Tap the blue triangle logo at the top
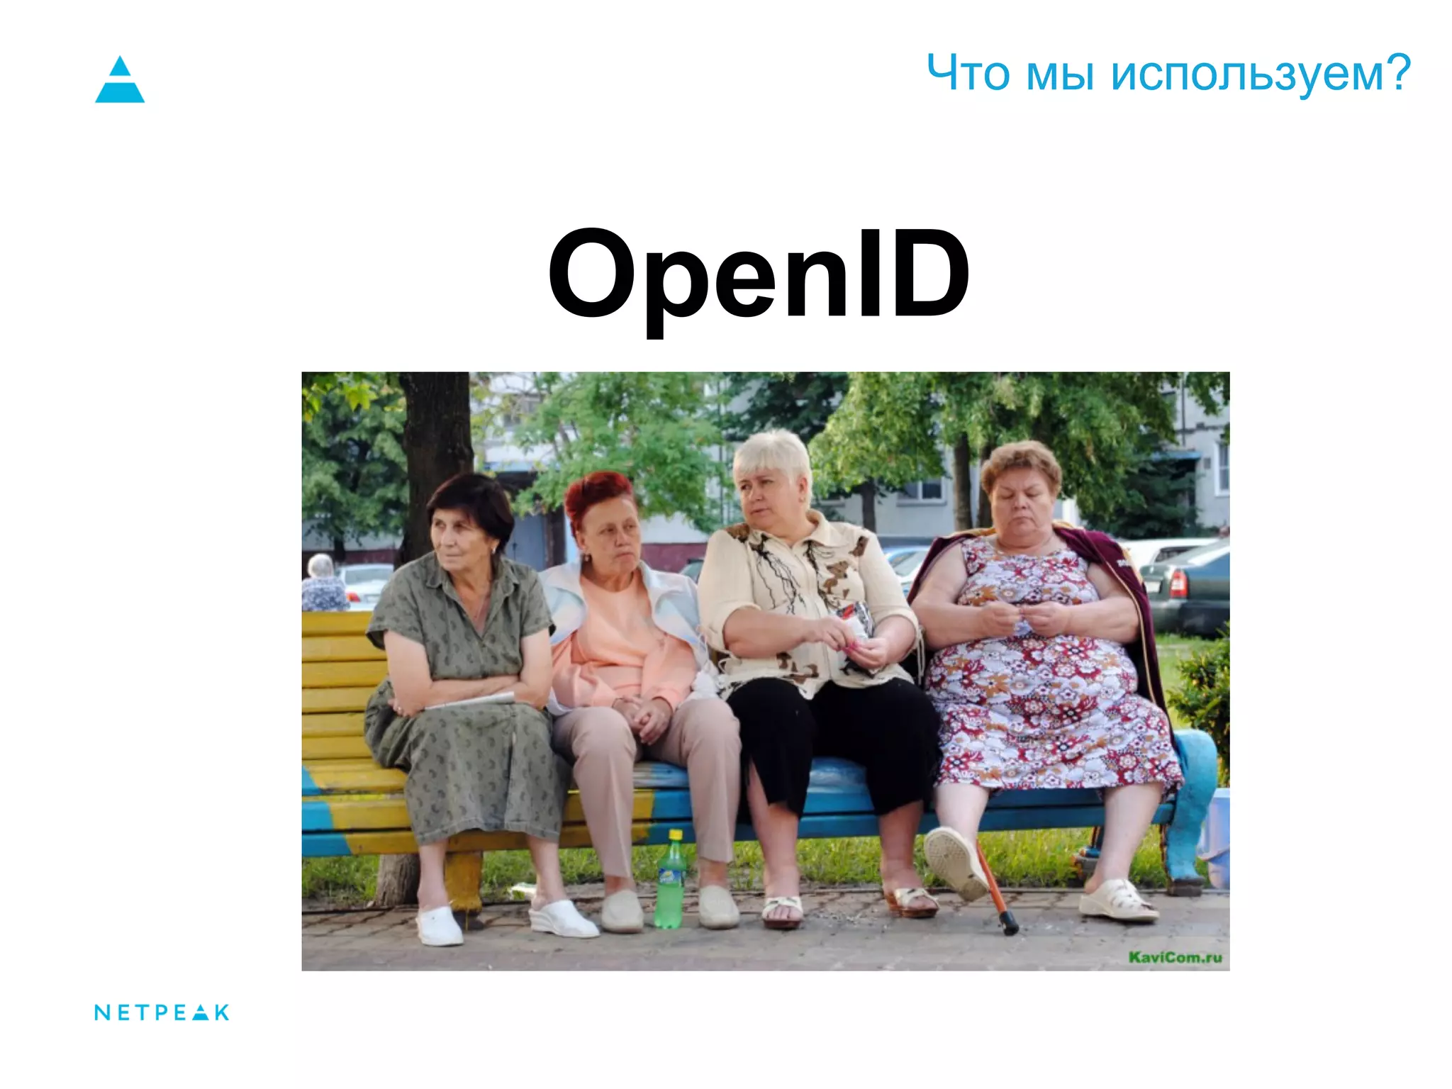click(x=120, y=80)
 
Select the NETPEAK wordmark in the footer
click(x=162, y=1012)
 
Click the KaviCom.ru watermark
click(x=1175, y=957)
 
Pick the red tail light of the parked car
click(x=1178, y=583)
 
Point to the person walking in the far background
click(x=323, y=585)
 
